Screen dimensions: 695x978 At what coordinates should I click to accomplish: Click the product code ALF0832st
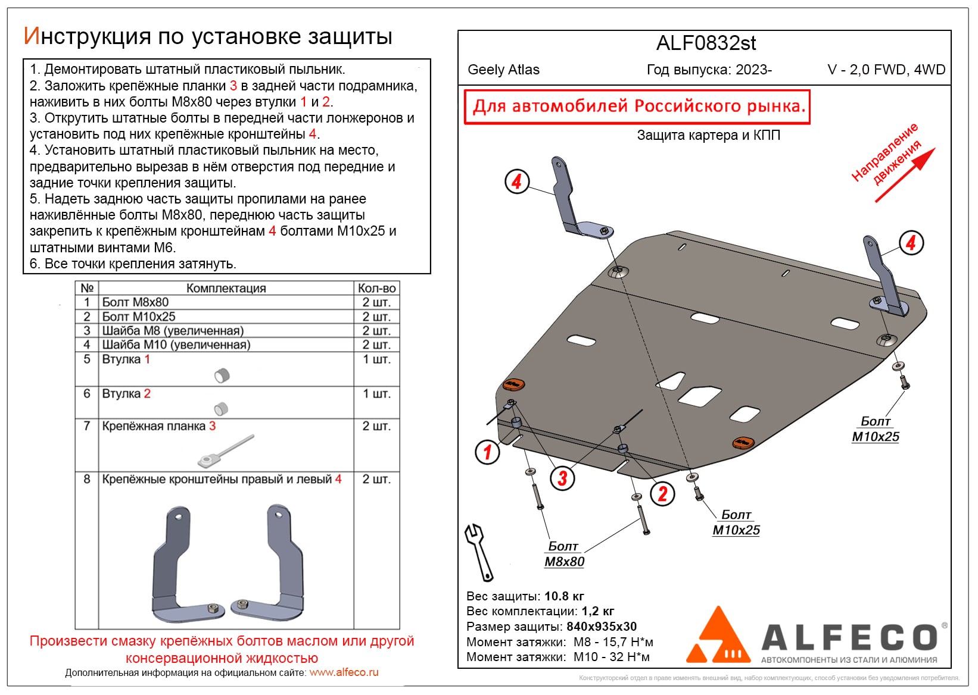[x=706, y=43]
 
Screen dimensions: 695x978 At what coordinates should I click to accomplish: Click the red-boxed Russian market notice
[x=637, y=107]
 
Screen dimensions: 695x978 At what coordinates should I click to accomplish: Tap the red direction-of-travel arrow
[x=905, y=176]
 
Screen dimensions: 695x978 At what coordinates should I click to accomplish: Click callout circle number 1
[x=487, y=452]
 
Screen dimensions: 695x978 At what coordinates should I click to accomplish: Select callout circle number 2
[x=662, y=493]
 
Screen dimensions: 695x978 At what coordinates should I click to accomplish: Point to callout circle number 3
[x=562, y=478]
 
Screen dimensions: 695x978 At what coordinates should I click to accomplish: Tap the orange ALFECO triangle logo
[x=720, y=638]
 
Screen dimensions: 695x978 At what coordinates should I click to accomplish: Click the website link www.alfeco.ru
[x=344, y=672]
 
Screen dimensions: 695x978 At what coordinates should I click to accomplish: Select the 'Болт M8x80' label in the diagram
[x=564, y=554]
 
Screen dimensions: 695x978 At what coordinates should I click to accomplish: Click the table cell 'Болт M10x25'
[x=139, y=317]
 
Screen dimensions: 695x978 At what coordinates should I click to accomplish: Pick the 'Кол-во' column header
[x=376, y=288]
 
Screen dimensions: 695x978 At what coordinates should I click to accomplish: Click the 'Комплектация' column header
[x=226, y=288]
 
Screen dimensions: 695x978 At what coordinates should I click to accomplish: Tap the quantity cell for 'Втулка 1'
[x=376, y=359]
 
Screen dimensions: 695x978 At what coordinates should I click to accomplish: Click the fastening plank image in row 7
[x=225, y=451]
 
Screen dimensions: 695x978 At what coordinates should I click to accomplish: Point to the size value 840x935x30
[x=602, y=627]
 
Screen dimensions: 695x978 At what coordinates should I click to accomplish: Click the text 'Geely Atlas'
[x=503, y=70]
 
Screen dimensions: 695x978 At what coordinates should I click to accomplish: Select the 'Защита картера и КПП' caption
[x=708, y=135]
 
